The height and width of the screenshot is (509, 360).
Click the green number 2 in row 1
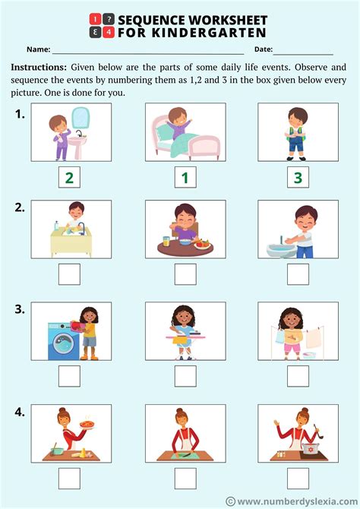69,179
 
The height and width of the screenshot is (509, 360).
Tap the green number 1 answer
184,179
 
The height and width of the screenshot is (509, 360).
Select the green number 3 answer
298,179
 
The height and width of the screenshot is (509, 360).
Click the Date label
264,49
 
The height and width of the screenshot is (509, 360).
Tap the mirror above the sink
80,117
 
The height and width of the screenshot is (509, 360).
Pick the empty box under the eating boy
184,273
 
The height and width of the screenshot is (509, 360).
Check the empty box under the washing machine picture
69,376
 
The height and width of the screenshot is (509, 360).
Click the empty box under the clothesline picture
298,376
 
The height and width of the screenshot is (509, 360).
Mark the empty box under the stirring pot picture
298,478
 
